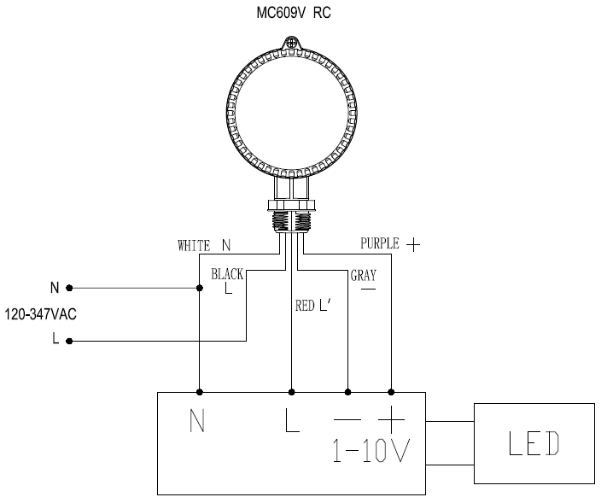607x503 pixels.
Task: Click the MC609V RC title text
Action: click(x=294, y=13)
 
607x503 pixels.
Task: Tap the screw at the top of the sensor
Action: click(x=291, y=43)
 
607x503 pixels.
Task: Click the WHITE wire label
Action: click(x=194, y=245)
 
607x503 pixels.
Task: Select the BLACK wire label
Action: click(x=227, y=274)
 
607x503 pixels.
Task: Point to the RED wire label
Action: click(x=305, y=306)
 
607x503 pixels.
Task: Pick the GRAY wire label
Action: click(x=364, y=275)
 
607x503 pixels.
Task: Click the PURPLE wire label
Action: click(x=380, y=243)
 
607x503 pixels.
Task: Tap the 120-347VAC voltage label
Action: click(x=41, y=314)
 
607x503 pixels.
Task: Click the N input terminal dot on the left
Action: click(x=69, y=288)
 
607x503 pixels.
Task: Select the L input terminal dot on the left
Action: click(x=69, y=341)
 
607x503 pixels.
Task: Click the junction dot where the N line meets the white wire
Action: click(x=200, y=288)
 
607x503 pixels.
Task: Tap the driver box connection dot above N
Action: click(x=200, y=392)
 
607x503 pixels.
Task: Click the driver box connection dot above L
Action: click(x=291, y=392)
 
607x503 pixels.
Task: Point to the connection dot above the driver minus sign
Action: click(x=347, y=392)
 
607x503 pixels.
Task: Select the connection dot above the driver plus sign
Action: click(x=391, y=392)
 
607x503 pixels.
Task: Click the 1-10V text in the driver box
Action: click(x=371, y=450)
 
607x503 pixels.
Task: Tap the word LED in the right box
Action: click(x=534, y=443)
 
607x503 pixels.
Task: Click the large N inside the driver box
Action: click(x=197, y=420)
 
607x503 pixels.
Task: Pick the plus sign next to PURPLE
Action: click(x=413, y=245)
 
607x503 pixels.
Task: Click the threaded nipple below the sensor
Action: click(x=291, y=220)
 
